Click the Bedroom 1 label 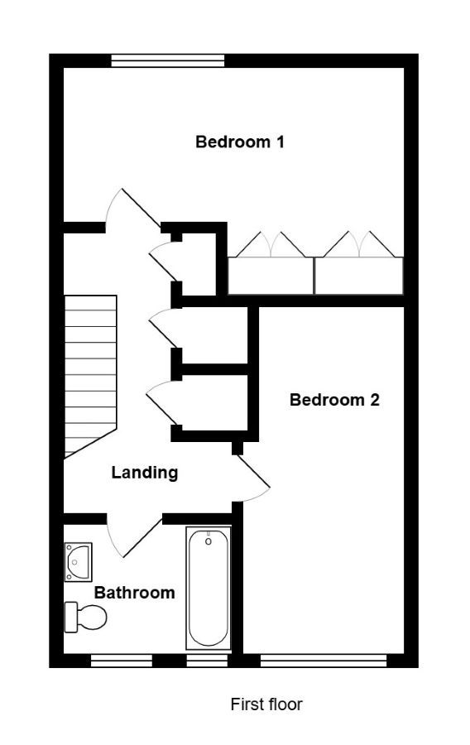click(240, 142)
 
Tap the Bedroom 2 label click(334, 400)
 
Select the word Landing click(145, 473)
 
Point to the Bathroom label click(134, 593)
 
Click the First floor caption click(266, 704)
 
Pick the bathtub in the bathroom click(209, 589)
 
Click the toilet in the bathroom click(85, 617)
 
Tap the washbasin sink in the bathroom click(79, 562)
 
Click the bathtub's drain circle click(208, 541)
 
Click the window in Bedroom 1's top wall click(168, 60)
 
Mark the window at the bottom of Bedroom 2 click(324, 661)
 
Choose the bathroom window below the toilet click(122, 661)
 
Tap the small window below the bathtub click(207, 661)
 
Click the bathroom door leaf click(143, 538)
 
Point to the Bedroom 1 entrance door click(141, 208)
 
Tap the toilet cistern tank click(70, 617)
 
